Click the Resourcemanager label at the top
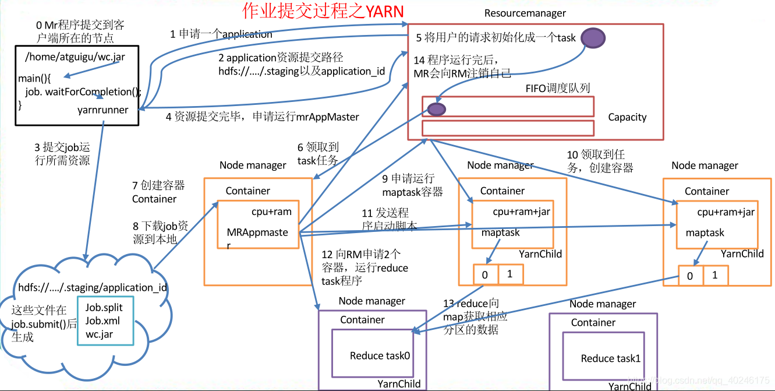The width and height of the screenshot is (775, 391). (525, 13)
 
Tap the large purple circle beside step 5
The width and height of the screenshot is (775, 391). (592, 38)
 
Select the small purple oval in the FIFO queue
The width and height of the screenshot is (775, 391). (436, 108)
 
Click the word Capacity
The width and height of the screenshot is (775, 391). (627, 117)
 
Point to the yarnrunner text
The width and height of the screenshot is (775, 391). (102, 110)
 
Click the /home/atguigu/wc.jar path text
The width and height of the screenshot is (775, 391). (75, 57)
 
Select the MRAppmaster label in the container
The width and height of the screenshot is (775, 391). (257, 233)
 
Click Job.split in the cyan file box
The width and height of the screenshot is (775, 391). (104, 308)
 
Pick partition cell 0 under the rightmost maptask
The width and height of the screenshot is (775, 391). (690, 276)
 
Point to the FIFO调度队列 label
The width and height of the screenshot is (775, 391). (557, 88)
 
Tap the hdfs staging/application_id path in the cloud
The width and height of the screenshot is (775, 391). (93, 287)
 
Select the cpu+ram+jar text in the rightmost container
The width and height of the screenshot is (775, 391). (725, 212)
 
